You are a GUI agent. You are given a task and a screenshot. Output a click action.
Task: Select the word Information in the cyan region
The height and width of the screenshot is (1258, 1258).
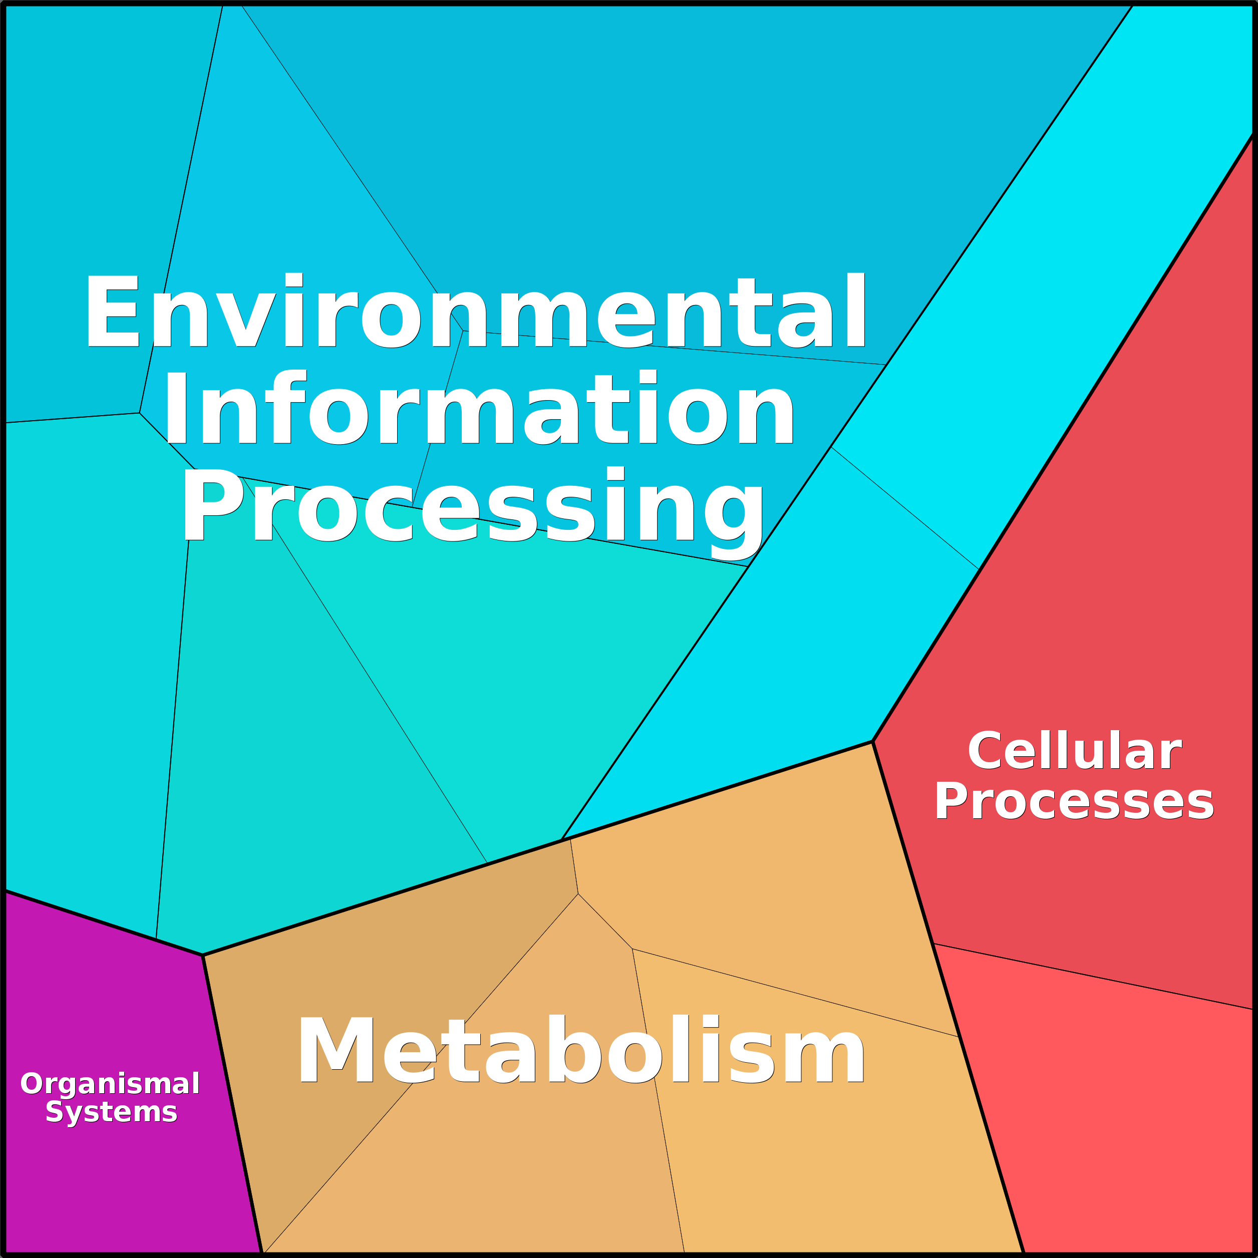tap(479, 408)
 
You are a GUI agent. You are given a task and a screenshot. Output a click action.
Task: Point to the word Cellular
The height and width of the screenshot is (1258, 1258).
tap(1074, 751)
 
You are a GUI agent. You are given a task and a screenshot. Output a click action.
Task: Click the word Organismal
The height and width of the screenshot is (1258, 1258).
tap(110, 1084)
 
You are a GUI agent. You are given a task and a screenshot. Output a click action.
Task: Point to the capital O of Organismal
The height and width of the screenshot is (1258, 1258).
tap(31, 1084)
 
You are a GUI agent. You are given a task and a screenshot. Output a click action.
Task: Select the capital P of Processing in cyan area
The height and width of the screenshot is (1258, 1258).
tap(212, 506)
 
